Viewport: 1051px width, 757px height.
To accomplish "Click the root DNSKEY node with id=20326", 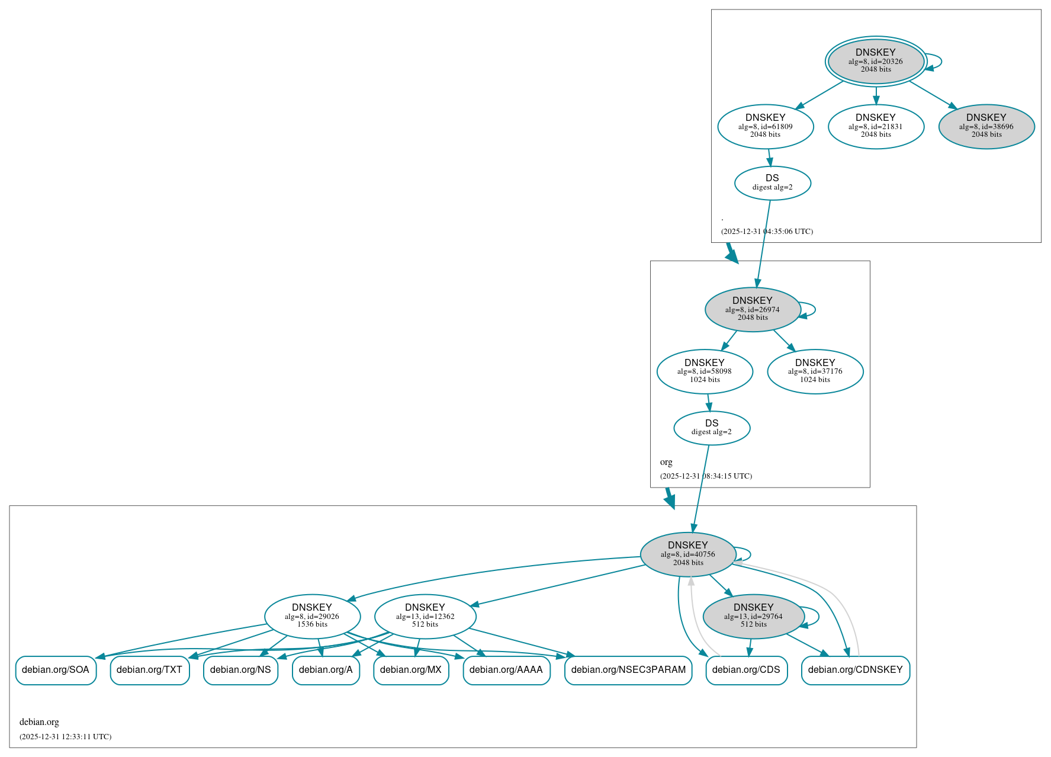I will (x=876, y=61).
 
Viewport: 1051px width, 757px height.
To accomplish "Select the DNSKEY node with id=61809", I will (x=765, y=126).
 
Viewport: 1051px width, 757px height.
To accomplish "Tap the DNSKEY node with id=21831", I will (x=876, y=126).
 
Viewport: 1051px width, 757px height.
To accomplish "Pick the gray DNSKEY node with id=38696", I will (x=986, y=126).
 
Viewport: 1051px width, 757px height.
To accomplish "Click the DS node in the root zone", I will (x=772, y=182).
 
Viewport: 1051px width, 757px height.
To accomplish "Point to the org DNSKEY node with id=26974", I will (x=753, y=309).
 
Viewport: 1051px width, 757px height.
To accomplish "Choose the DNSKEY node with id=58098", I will (x=705, y=371).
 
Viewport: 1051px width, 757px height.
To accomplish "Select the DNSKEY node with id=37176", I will (x=815, y=371).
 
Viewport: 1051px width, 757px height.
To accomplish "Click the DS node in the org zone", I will (x=712, y=428).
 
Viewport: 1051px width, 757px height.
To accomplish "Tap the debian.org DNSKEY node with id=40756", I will (x=688, y=554).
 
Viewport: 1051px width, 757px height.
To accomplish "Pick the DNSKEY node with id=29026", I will (x=312, y=616).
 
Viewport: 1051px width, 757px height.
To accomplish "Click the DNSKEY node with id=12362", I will (x=425, y=616).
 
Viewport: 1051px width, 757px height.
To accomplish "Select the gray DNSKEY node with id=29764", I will (x=753, y=616).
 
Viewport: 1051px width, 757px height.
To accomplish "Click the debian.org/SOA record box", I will (x=56, y=670).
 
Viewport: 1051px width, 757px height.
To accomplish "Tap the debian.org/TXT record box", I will (x=149, y=670).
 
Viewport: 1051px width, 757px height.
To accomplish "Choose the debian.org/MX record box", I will (x=411, y=670).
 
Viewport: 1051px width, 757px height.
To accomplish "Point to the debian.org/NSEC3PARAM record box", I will (x=628, y=670).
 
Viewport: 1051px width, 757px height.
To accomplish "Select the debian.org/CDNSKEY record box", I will (x=855, y=670).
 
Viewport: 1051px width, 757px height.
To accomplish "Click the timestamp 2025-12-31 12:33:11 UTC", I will (x=66, y=737).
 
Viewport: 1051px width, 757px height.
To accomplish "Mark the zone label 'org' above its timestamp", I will (x=666, y=462).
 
